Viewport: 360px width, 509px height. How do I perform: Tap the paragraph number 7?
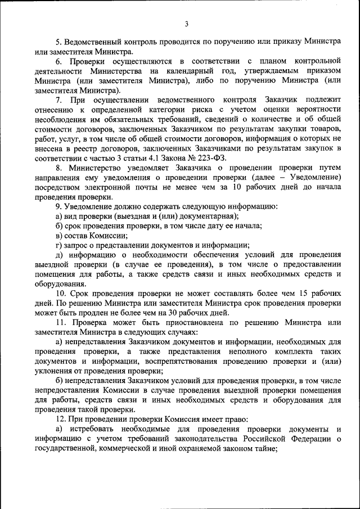58,100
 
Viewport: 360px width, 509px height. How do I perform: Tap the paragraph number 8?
58,168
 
